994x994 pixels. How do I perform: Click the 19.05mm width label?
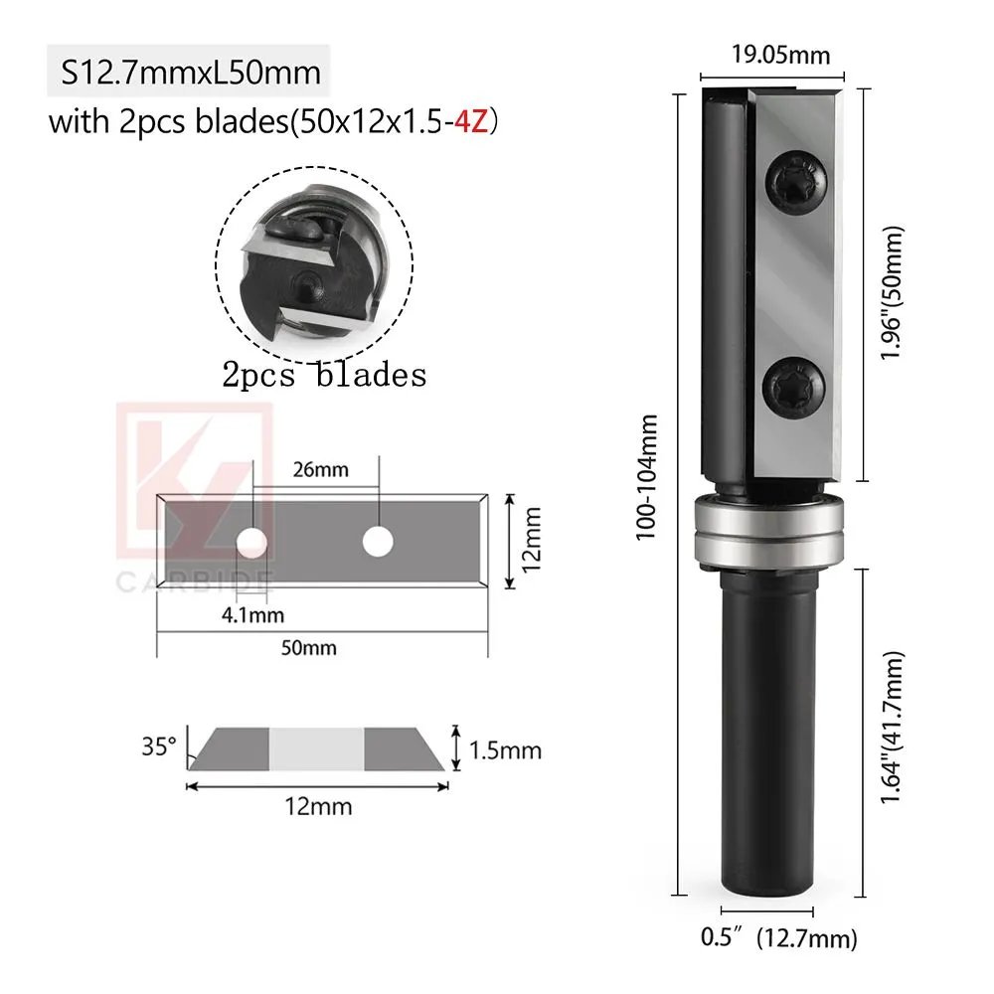781,55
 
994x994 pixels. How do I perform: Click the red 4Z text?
473,123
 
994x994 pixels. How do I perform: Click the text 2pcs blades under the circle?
324,375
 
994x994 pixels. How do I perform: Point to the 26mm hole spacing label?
315,469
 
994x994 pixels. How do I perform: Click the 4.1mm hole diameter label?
252,614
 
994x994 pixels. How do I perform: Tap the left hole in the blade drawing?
252,542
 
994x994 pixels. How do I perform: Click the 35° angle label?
159,745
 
